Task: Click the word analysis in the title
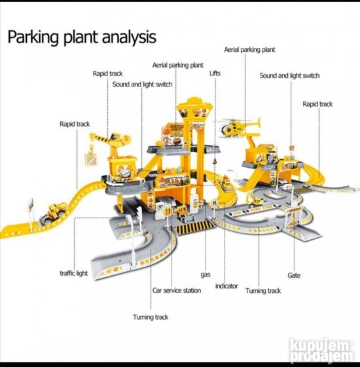pyautogui.click(x=130, y=37)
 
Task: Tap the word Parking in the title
pyautogui.click(x=33, y=38)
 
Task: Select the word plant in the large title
pyautogui.click(x=81, y=38)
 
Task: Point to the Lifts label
pyautogui.click(x=215, y=73)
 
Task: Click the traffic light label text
pyautogui.click(x=74, y=273)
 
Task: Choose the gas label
pyautogui.click(x=206, y=275)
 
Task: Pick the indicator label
pyautogui.click(x=226, y=286)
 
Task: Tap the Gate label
pyautogui.click(x=294, y=275)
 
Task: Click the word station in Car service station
pyautogui.click(x=192, y=290)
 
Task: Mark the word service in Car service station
pyautogui.click(x=172, y=290)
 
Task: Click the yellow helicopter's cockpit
pyautogui.click(x=224, y=129)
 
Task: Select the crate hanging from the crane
pyautogui.click(x=91, y=159)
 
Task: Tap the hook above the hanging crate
pyautogui.click(x=91, y=148)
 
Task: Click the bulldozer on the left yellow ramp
pyautogui.click(x=54, y=213)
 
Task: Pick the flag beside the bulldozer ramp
pyautogui.click(x=30, y=204)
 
